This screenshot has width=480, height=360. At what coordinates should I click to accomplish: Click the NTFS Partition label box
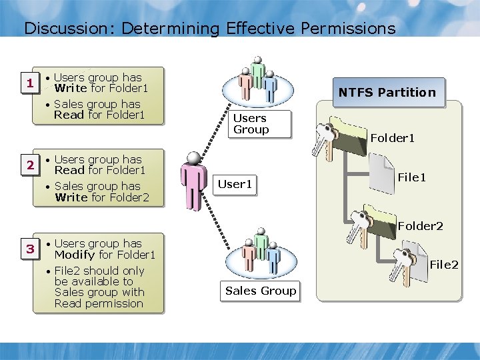387,93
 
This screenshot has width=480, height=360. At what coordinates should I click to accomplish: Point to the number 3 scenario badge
29,249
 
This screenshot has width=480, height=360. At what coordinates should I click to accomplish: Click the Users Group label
251,124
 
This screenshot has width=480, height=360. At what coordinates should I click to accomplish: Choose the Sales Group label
261,291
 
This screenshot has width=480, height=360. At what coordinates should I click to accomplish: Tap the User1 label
235,184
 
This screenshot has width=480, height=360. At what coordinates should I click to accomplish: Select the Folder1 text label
393,139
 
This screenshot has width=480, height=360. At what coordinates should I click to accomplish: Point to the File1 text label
411,178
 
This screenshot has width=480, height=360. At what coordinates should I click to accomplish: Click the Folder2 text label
420,226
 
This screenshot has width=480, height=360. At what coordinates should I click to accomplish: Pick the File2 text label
443,265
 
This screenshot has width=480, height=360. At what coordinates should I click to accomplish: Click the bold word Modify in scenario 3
75,255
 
